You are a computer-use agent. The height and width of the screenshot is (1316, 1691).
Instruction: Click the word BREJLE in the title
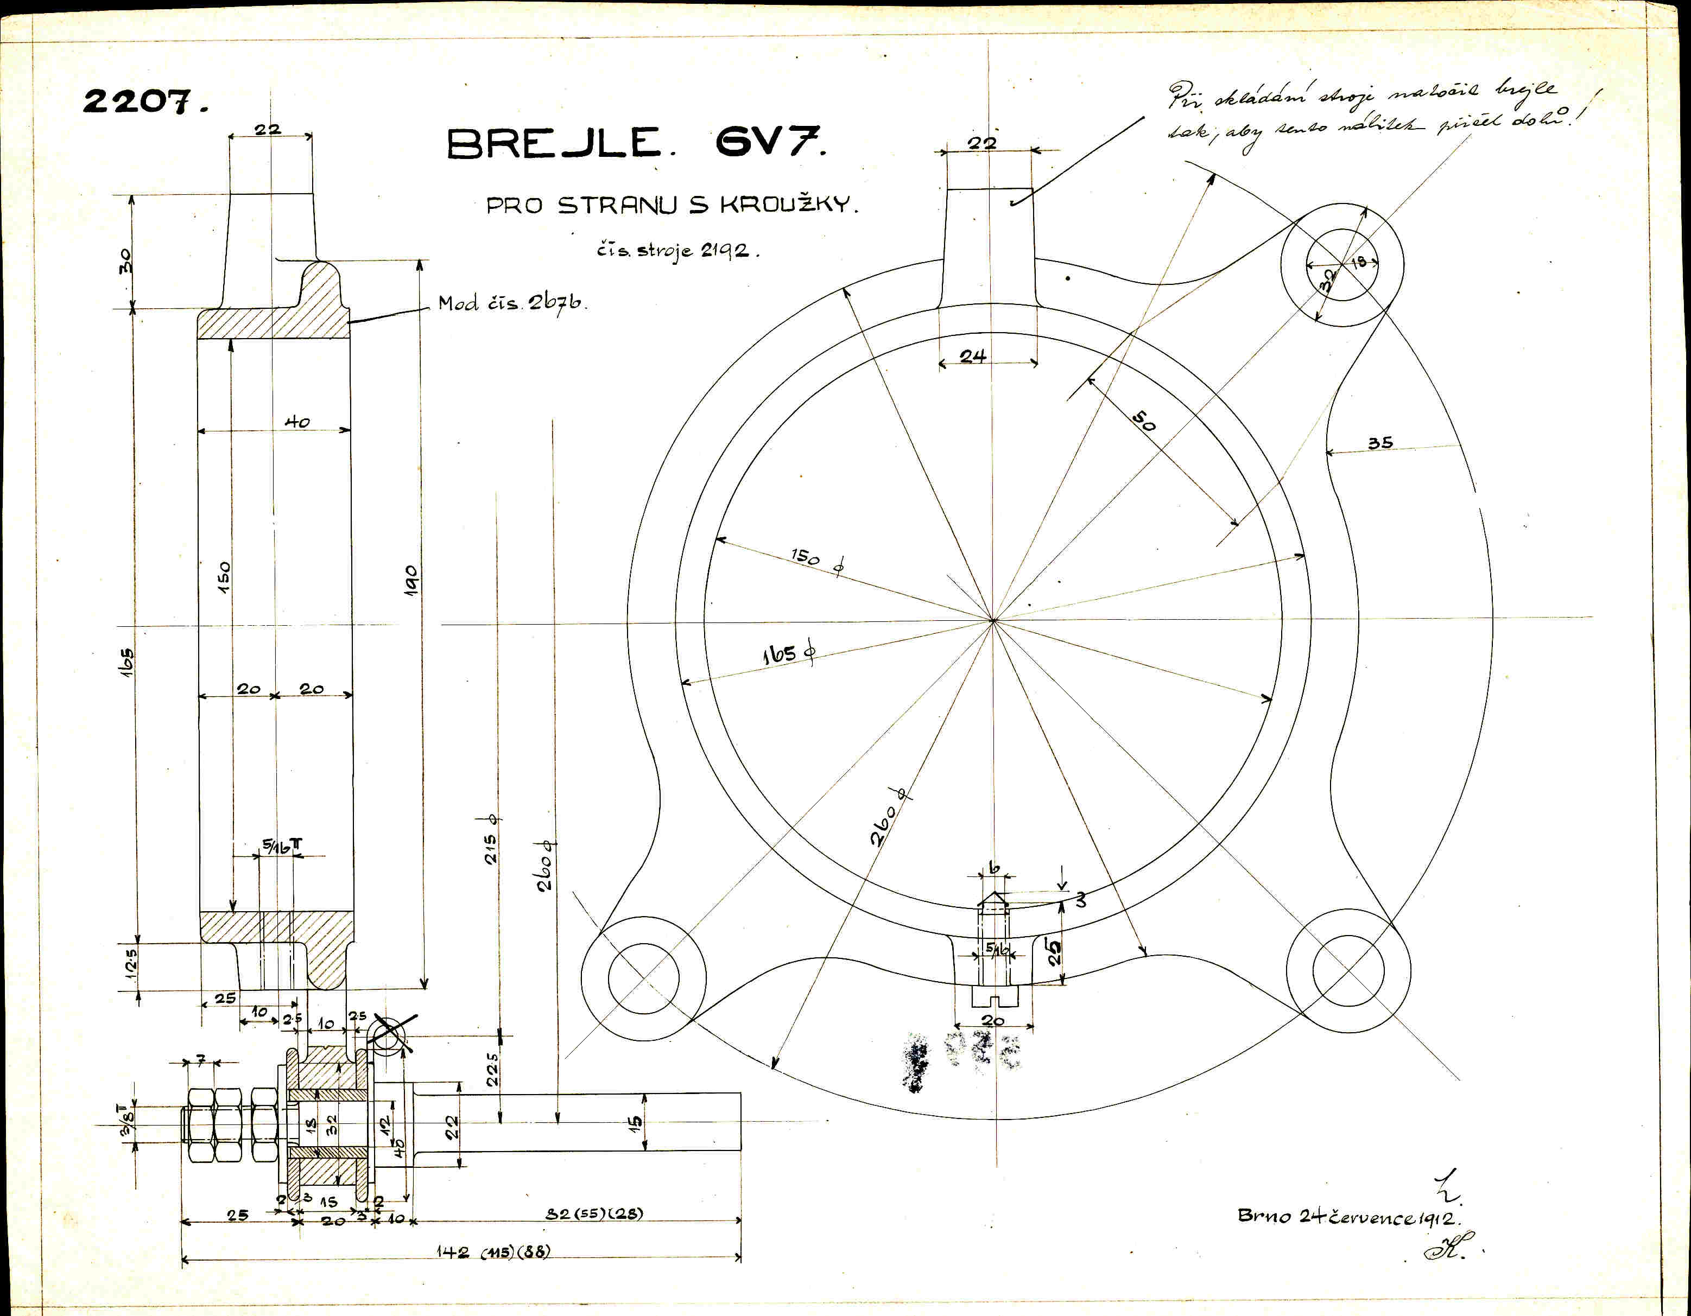pos(554,144)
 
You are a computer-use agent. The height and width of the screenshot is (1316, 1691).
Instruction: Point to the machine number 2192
pos(725,251)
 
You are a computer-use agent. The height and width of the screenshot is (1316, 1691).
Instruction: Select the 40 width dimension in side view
pos(297,422)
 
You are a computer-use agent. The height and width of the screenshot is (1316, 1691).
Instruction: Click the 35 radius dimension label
pos(1380,443)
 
